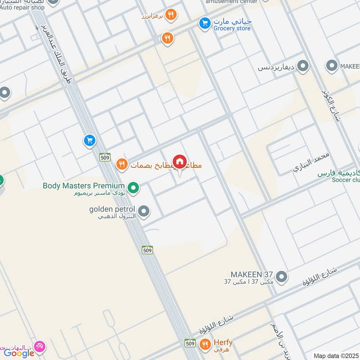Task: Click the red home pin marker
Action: (180, 162)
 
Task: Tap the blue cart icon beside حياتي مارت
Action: (205, 22)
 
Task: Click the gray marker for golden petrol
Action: (144, 211)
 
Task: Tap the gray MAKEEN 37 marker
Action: (282, 276)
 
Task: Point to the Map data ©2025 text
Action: (336, 355)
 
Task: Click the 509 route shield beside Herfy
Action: (190, 343)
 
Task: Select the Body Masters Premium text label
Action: (83, 185)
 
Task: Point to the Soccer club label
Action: (339, 180)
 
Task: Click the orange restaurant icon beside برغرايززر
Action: (171, 15)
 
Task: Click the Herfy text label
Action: (223, 342)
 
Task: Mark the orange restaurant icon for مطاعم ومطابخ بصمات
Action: (121, 165)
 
